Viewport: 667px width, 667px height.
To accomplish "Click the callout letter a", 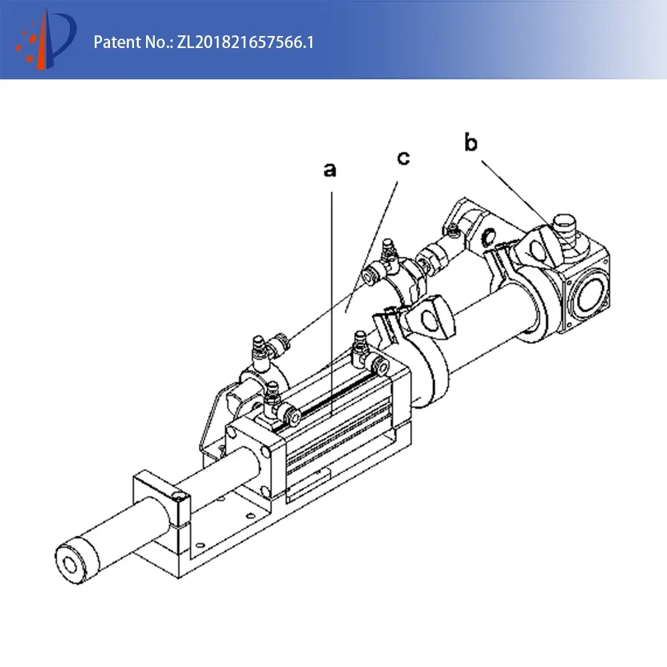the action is tap(329, 169).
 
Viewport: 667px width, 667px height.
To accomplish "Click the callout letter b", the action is tap(471, 143).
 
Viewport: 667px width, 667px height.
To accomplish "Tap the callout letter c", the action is tap(404, 158).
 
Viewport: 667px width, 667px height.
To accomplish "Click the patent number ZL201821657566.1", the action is tap(245, 42).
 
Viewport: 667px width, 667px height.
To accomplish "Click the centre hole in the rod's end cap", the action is tap(70, 565).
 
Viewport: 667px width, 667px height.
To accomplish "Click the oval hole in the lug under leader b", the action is tap(537, 249).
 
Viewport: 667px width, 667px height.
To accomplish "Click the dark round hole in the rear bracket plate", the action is tap(489, 236).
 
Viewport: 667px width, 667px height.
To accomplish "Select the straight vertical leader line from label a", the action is tap(331, 303).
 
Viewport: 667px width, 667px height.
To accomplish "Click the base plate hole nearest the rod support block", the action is tap(200, 545).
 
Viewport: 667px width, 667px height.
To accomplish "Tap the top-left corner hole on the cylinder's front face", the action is tap(231, 433).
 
